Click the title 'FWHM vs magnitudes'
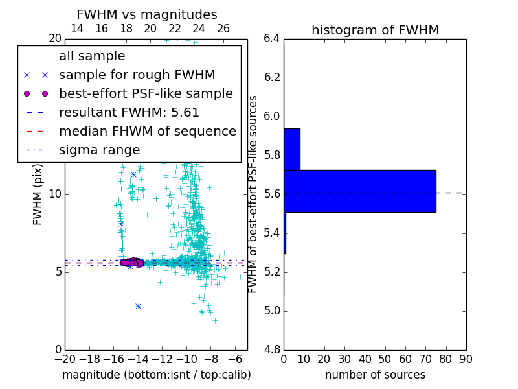(146, 14)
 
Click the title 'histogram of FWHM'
(375, 30)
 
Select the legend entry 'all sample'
(92, 56)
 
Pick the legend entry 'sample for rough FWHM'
(137, 75)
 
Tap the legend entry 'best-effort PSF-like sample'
(146, 93)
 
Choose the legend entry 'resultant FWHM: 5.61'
(129, 112)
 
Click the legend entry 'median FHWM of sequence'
(147, 131)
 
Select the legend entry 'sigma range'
(99, 150)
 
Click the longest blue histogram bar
(359, 191)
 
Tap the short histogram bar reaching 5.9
(291, 149)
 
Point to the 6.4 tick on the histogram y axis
(272, 38)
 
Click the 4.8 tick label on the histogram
(272, 349)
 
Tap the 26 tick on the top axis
(223, 29)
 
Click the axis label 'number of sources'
(375, 375)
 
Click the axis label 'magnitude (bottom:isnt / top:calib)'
(156, 375)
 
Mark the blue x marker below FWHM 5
(138, 306)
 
